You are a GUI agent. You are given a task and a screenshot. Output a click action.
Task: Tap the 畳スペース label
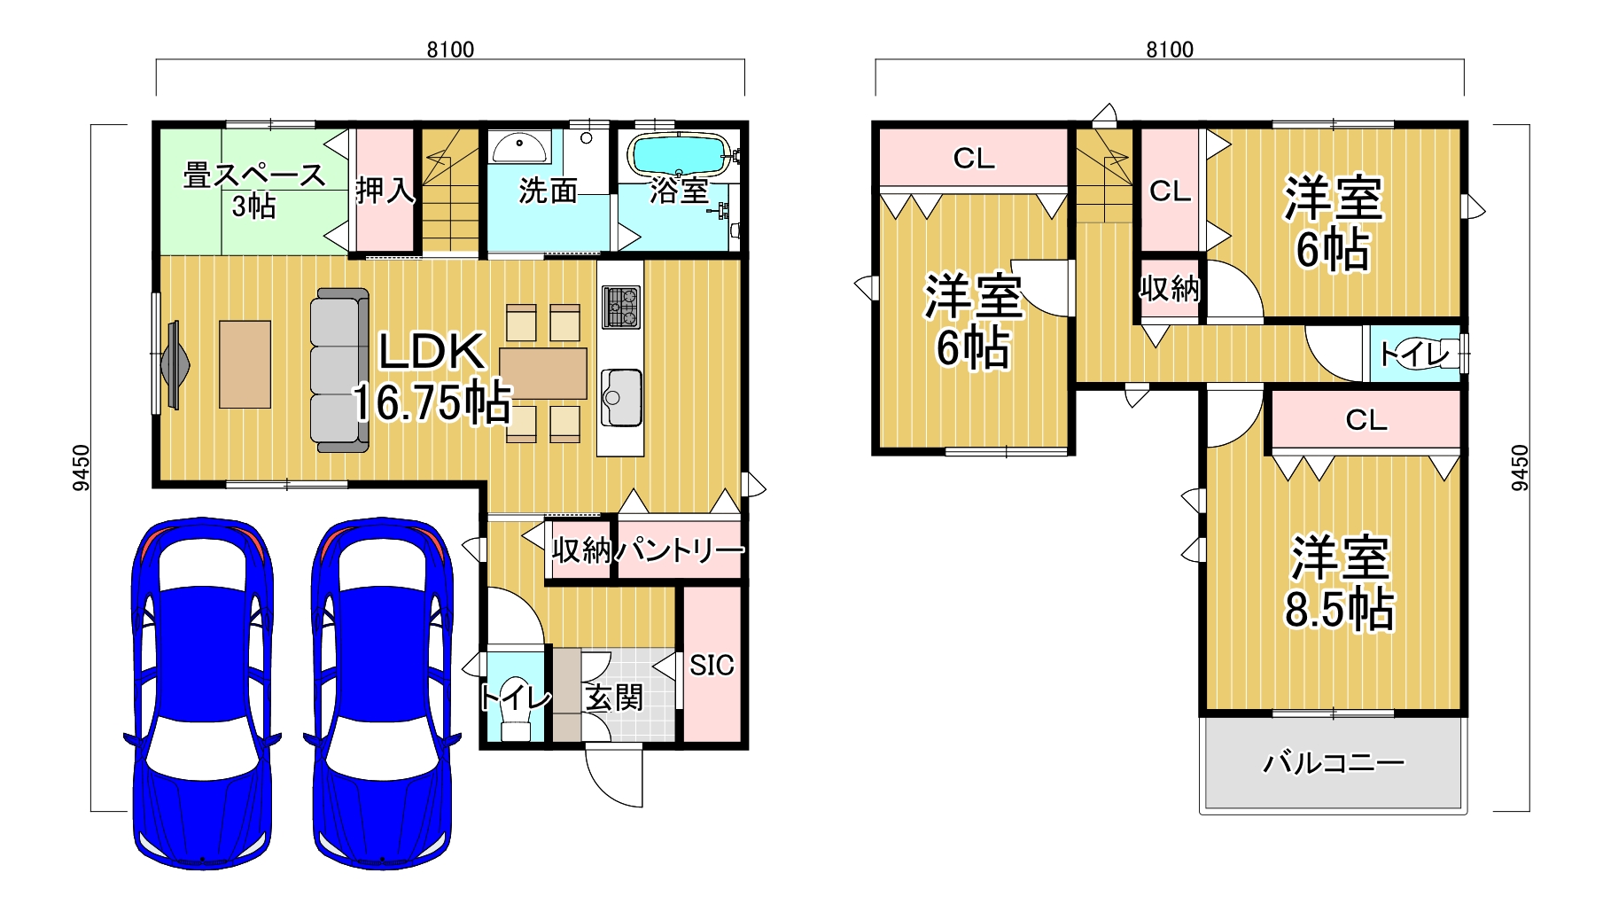(x=254, y=175)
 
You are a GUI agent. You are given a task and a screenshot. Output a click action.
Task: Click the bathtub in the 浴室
(x=678, y=155)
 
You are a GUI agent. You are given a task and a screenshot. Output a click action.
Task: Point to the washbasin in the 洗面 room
(x=520, y=146)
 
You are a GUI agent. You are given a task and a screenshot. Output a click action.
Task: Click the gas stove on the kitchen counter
(x=620, y=308)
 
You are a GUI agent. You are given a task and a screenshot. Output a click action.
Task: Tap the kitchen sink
(x=621, y=397)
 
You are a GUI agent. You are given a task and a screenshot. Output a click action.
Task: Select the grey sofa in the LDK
(x=339, y=370)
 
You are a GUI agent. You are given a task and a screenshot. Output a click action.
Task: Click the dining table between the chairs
(x=542, y=373)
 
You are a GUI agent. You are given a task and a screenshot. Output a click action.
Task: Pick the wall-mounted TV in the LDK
(x=173, y=364)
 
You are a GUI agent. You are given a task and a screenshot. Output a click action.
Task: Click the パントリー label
(x=680, y=550)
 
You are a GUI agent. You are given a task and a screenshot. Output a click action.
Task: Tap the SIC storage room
(x=712, y=664)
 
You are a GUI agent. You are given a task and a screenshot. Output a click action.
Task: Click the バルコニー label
(x=1334, y=762)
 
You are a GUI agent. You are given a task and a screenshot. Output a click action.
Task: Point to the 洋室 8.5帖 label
(x=1339, y=583)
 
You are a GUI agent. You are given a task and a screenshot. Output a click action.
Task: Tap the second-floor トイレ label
(x=1414, y=355)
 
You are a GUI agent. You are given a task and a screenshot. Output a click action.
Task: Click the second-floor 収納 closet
(x=1170, y=289)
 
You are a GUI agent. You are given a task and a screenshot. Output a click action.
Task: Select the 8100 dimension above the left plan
(x=450, y=50)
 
